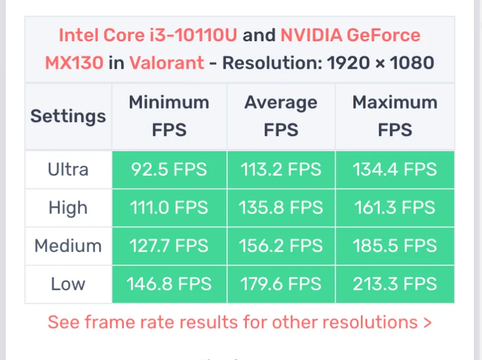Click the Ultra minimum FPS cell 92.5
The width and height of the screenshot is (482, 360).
pos(169,170)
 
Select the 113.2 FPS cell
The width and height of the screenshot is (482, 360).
pos(281,170)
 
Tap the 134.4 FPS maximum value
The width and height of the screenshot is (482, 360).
pos(395,170)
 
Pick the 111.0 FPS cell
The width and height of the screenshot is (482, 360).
pos(169,208)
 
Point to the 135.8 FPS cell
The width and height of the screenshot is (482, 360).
pos(281,208)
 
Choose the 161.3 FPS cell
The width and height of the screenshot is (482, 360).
pos(395,208)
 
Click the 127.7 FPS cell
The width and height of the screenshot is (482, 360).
pos(169,245)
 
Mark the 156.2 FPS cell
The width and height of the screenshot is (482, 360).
pos(281,245)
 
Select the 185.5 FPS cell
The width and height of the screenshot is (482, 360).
pos(395,245)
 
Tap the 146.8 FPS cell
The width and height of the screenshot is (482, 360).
pos(169,284)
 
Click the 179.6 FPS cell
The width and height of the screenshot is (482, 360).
pos(281,284)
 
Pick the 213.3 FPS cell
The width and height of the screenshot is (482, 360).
pos(395,284)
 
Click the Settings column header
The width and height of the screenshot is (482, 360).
pos(68,116)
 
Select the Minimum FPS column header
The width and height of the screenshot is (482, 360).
pos(169,116)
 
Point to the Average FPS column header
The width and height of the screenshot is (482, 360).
pos(281,116)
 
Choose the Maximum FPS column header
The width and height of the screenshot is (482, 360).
pos(395,116)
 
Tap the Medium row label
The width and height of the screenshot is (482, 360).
pos(68,245)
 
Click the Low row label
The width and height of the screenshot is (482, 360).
pos(68,284)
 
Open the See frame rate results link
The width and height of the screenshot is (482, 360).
pos(239,322)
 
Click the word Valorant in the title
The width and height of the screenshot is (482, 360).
pos(166,62)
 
